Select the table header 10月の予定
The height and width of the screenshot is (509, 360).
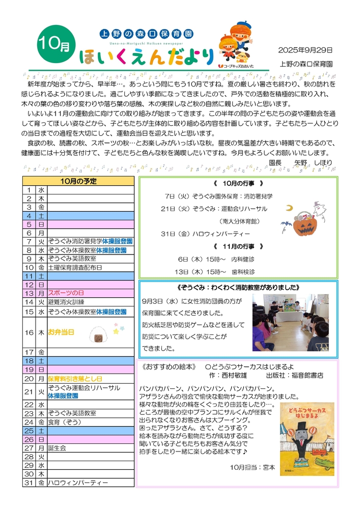point(78,181)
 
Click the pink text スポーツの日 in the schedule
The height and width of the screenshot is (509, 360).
point(66,293)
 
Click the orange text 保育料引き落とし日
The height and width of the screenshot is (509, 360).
point(75,379)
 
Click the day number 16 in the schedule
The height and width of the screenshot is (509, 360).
point(29,332)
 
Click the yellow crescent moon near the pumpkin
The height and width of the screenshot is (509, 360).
point(289,208)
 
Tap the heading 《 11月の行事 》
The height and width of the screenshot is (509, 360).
point(238,246)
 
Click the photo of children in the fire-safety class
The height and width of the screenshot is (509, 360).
point(290,322)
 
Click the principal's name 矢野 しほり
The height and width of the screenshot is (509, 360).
point(313,162)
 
